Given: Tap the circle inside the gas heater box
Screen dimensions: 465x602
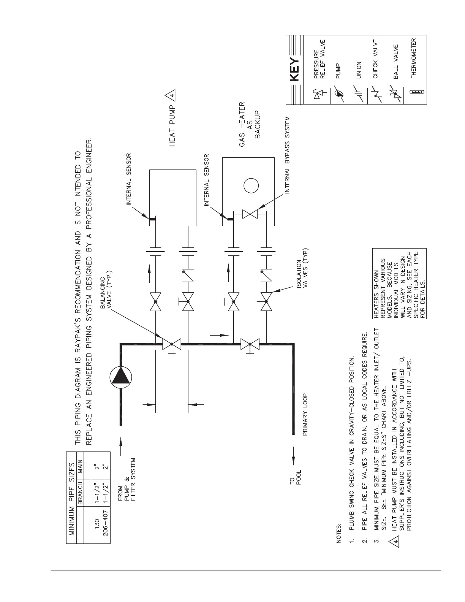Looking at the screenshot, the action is click(251, 186).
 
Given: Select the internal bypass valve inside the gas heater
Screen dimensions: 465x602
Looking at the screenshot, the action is click(250, 214).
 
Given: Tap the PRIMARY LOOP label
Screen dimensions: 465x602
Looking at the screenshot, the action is click(305, 414).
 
